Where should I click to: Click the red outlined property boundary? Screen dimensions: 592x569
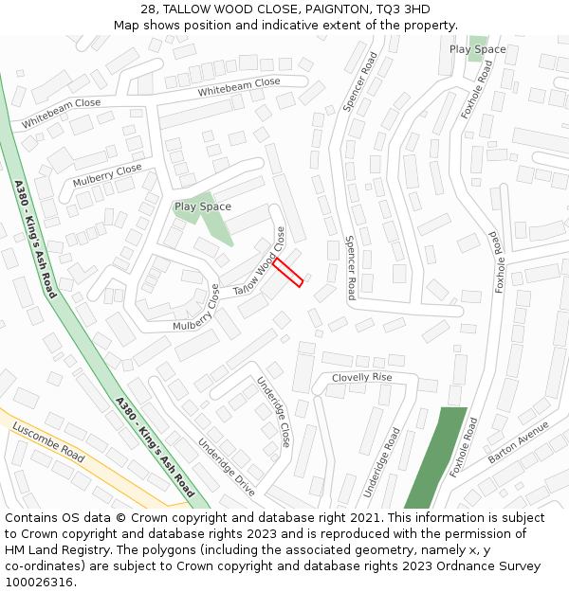288,272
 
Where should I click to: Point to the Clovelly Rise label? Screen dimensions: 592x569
361,377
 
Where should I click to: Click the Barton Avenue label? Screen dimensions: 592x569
519,442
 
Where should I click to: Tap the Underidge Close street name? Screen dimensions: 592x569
273,411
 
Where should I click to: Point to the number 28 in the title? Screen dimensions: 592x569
148,9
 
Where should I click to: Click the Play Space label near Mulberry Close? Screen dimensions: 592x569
203,206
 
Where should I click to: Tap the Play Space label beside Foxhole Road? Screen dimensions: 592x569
477,49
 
